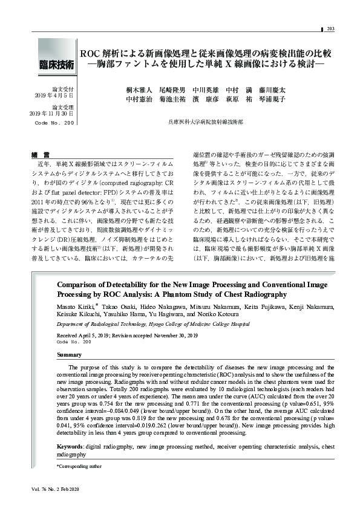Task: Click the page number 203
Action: [331, 30]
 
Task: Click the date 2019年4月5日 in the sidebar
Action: [55, 96]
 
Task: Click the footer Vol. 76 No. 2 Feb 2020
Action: [54, 488]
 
